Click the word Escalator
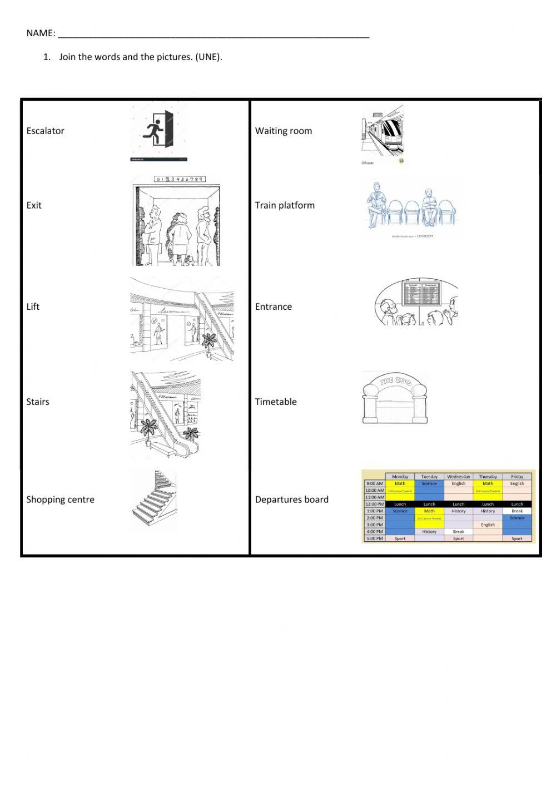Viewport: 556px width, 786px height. point(45,131)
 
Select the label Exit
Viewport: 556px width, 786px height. point(34,205)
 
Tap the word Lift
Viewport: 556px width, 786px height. point(33,307)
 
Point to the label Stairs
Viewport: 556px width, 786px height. point(38,402)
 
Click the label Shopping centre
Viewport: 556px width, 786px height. point(60,500)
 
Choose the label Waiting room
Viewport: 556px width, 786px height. point(284,131)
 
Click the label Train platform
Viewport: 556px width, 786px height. point(285,205)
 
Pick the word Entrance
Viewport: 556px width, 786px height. point(273,307)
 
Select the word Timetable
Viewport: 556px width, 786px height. point(276,402)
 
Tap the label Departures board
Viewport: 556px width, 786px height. point(291,500)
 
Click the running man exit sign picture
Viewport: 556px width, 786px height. point(160,134)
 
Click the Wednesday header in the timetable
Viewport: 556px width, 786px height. point(458,477)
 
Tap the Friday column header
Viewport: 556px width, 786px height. point(517,477)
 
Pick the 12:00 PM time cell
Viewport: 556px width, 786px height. point(375,504)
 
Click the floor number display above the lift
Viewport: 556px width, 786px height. point(179,179)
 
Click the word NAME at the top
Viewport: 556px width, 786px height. point(41,33)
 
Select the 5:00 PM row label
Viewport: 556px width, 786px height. point(375,538)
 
